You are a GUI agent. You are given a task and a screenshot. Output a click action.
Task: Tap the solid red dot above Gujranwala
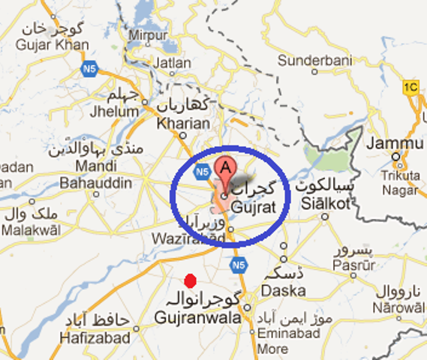pyautogui.click(x=190, y=280)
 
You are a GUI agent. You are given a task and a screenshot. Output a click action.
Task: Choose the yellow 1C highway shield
pyautogui.click(x=410, y=85)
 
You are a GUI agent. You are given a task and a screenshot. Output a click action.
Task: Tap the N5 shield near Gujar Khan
pyautogui.click(x=88, y=68)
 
